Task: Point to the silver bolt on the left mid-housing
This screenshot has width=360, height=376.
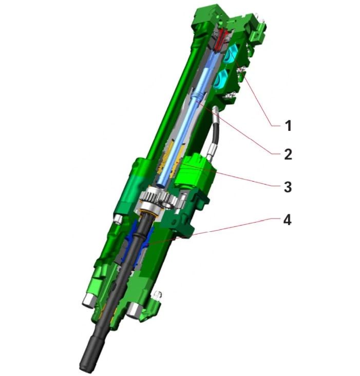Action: pos(117,219)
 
